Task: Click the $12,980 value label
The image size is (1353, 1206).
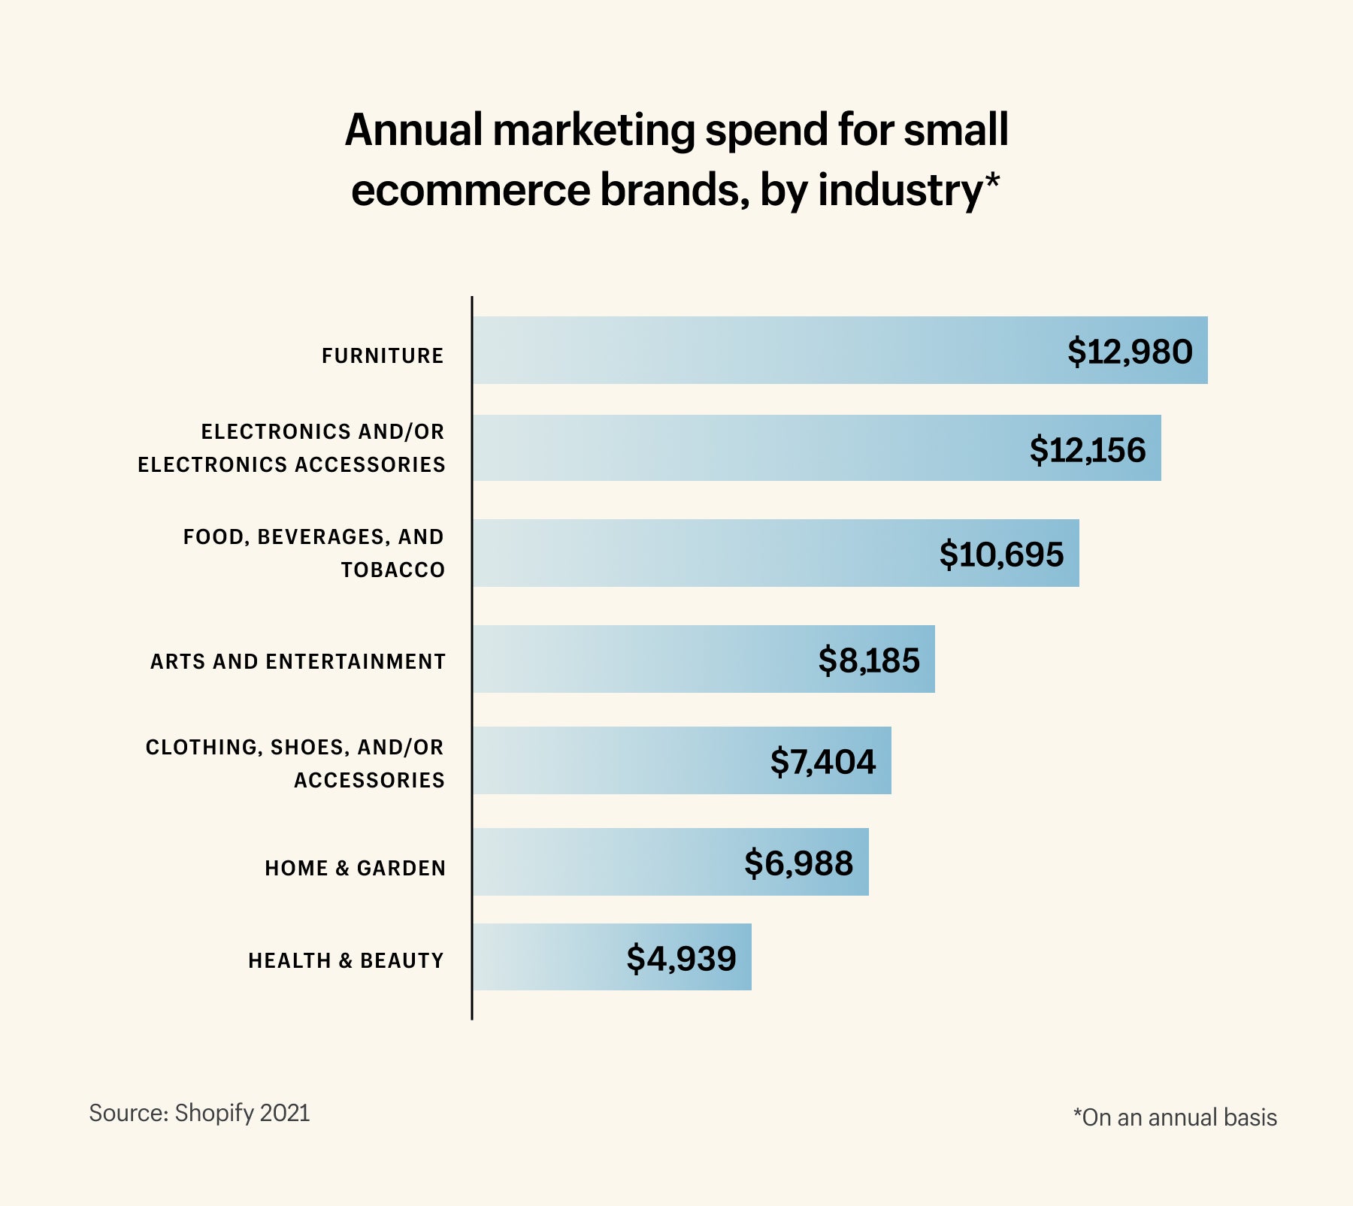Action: (1130, 352)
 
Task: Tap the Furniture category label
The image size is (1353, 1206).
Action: (383, 355)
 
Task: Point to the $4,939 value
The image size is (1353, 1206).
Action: (681, 958)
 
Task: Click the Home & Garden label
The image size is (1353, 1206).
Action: (355, 868)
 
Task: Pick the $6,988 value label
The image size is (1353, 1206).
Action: (798, 863)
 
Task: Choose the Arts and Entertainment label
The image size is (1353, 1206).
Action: (298, 661)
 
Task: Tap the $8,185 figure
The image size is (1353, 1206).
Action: (868, 660)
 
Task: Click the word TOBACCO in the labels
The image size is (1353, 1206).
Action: (392, 570)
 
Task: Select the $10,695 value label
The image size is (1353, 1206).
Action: (1001, 554)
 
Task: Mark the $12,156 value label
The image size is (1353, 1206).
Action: (1087, 449)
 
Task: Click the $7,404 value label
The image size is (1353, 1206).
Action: (822, 761)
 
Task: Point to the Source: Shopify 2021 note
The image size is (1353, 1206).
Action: (199, 1113)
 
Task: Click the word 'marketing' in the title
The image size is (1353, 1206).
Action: (594, 130)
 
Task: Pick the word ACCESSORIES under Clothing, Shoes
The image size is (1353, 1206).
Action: (369, 780)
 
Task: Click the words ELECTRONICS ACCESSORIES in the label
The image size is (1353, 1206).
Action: (291, 464)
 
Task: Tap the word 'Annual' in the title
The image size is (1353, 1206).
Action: (413, 130)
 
